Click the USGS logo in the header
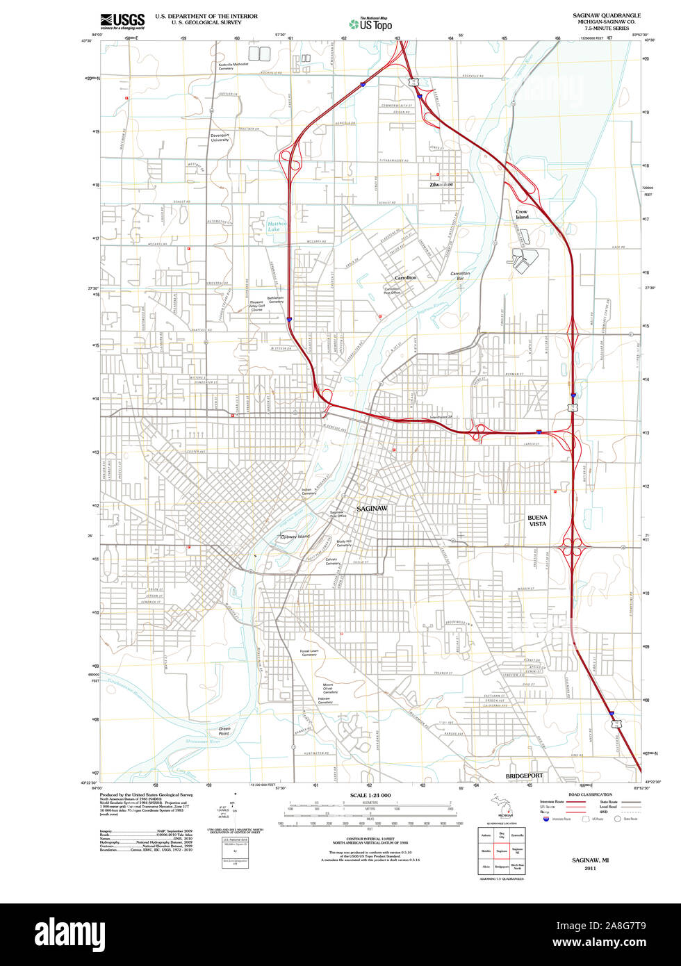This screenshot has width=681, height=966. [122, 21]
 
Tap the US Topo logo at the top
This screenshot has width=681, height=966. [370, 24]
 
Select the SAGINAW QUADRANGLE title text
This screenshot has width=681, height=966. [602, 15]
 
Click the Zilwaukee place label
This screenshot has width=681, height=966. [441, 185]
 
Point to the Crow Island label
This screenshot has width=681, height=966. [522, 214]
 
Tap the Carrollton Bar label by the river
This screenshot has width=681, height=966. [460, 276]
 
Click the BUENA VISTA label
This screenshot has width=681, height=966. [537, 521]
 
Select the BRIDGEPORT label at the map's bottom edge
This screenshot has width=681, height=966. [524, 775]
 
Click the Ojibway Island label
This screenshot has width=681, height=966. [294, 537]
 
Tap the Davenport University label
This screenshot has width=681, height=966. [220, 137]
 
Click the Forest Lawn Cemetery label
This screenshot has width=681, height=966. [309, 653]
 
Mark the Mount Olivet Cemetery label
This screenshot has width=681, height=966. [330, 688]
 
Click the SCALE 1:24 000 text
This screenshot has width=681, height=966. [370, 795]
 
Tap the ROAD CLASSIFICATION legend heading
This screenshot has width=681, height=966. [590, 794]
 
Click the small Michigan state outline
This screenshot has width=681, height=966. [502, 805]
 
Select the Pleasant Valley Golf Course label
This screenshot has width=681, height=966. [257, 306]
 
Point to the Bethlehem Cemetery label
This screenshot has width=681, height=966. [276, 300]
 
